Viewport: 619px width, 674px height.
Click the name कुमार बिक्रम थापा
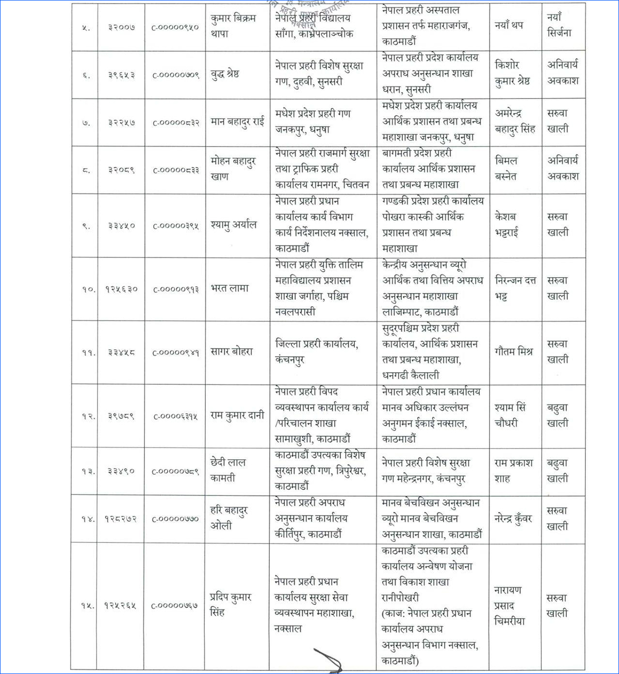233,26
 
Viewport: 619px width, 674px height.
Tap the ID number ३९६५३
121,75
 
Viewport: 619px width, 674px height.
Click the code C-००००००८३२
175,123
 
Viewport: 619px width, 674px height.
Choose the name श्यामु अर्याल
233,225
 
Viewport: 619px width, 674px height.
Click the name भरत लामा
230,288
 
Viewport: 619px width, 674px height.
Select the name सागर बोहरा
232,352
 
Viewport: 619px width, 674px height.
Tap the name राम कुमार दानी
237,415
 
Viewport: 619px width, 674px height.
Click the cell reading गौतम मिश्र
513,352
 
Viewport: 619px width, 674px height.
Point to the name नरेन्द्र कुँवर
513,518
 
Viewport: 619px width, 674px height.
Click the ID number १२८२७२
121,519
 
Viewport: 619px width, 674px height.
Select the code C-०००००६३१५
175,416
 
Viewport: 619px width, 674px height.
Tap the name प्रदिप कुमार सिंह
230,604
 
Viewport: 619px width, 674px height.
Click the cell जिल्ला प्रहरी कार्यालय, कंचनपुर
316,351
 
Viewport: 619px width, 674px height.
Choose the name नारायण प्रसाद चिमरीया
509,605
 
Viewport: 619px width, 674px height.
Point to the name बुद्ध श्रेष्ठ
224,74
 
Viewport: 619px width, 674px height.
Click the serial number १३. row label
88,471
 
